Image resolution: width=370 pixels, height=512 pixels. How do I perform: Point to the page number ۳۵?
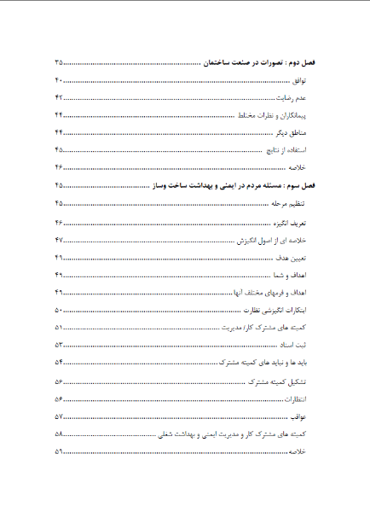[x=60, y=64]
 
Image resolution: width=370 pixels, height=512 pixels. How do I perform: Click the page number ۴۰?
[x=60, y=81]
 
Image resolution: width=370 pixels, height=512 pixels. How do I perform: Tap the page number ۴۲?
[x=60, y=98]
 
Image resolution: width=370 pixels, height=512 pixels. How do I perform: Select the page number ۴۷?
[x=60, y=240]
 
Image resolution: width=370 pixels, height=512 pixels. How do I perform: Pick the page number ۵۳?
[x=60, y=346]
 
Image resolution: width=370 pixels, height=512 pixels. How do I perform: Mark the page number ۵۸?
[x=60, y=434]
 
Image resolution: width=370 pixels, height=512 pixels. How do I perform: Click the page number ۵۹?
[x=60, y=451]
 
